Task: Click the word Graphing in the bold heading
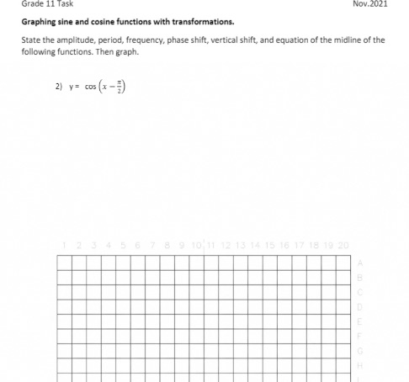pos(40,23)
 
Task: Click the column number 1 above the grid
pos(65,245)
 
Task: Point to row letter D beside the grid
pos(360,306)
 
